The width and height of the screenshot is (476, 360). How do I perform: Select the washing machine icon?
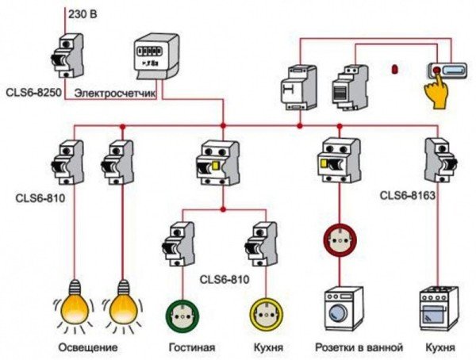point(345,309)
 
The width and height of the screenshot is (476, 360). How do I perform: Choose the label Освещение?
point(88,348)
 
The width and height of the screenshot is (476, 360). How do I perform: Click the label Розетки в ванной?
point(359,348)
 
